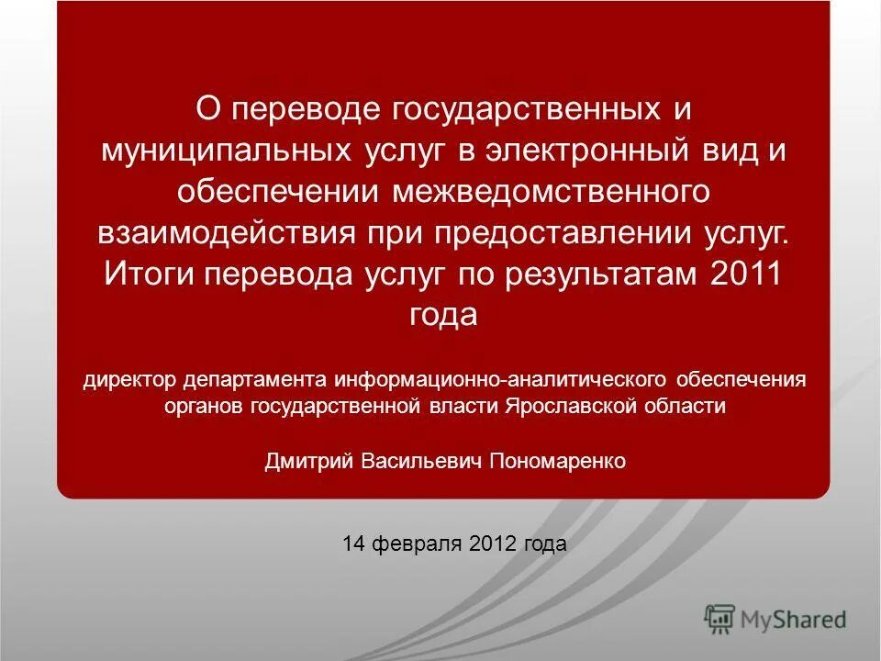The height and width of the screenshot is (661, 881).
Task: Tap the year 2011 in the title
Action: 744,273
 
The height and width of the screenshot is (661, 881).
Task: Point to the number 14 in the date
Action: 353,543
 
